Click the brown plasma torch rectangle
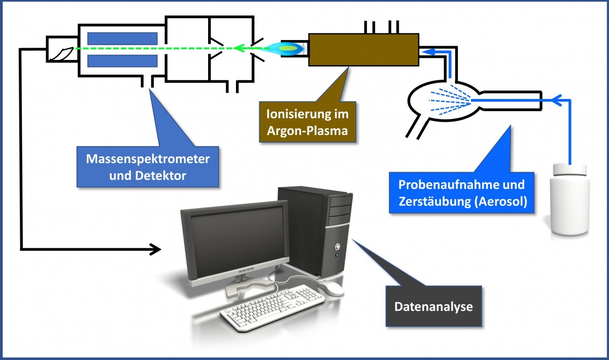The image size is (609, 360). click(362, 49)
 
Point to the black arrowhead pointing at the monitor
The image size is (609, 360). click(155, 249)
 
